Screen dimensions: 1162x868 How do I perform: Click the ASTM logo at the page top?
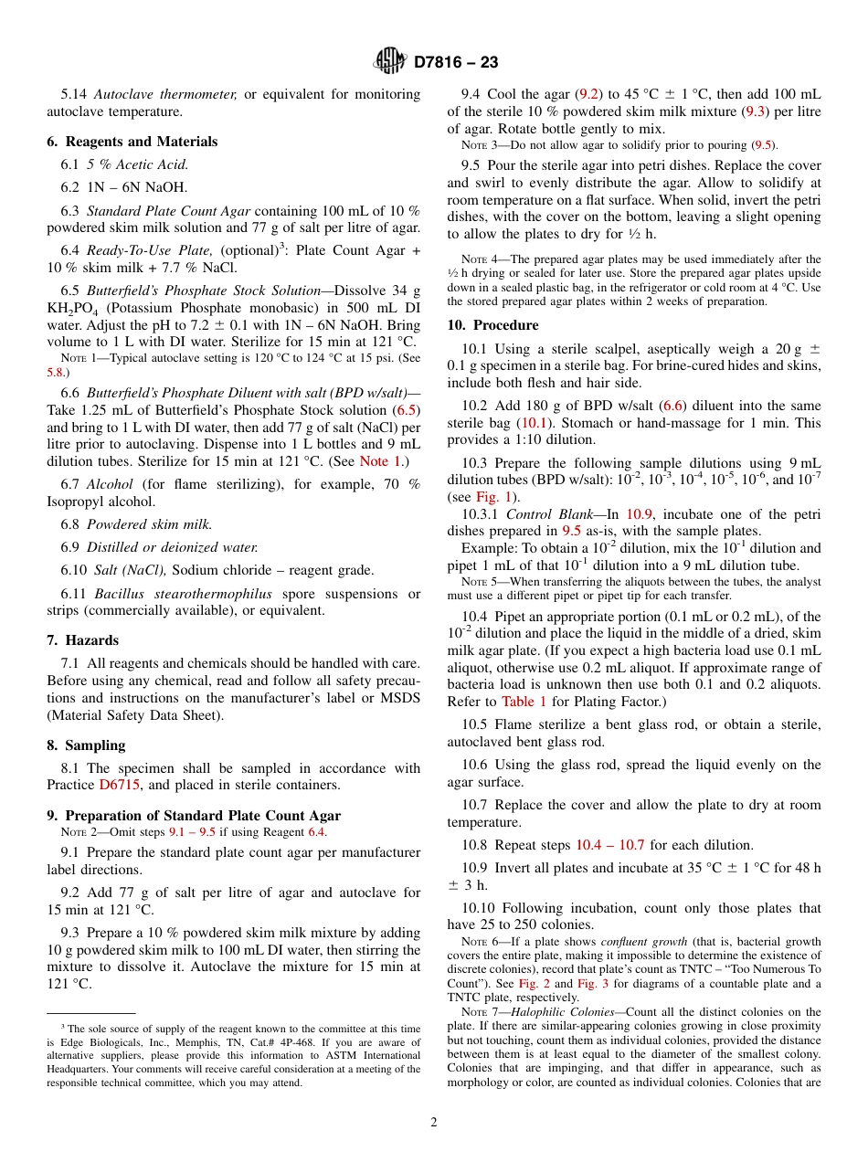(x=390, y=62)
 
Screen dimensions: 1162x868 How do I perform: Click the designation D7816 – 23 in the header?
(x=456, y=63)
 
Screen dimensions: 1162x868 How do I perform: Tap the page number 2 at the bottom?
(x=434, y=1122)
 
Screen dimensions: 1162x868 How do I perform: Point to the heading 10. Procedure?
(x=492, y=325)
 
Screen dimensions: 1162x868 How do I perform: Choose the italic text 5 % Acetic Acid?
(x=137, y=164)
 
